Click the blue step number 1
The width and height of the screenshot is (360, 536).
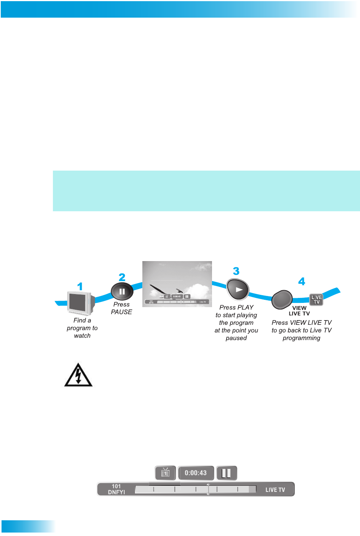tap(80, 286)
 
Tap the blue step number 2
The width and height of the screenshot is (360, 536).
tap(122, 277)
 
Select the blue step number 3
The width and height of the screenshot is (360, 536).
tap(236, 271)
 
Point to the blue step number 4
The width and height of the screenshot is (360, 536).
tap(302, 282)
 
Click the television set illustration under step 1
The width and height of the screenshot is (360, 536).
tap(80, 303)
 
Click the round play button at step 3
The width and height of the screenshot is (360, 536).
tap(238, 290)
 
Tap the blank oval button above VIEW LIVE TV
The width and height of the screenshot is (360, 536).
tap(282, 299)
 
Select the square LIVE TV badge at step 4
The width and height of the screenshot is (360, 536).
tap(316, 300)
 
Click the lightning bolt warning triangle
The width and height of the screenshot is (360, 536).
tap(78, 375)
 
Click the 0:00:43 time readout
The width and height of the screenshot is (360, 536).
tap(196, 473)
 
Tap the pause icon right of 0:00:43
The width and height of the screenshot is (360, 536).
tap(227, 473)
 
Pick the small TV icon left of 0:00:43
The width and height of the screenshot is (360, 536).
tap(165, 473)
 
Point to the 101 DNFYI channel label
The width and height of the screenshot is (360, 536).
tap(116, 489)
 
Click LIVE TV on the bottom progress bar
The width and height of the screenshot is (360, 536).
tap(275, 490)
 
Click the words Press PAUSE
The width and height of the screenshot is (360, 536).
tap(122, 308)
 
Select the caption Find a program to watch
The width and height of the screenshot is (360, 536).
tap(82, 328)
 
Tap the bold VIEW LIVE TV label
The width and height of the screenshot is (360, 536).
tap(299, 311)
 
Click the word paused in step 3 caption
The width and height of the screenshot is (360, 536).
tap(236, 338)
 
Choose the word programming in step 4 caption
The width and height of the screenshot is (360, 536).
tap(301, 338)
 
